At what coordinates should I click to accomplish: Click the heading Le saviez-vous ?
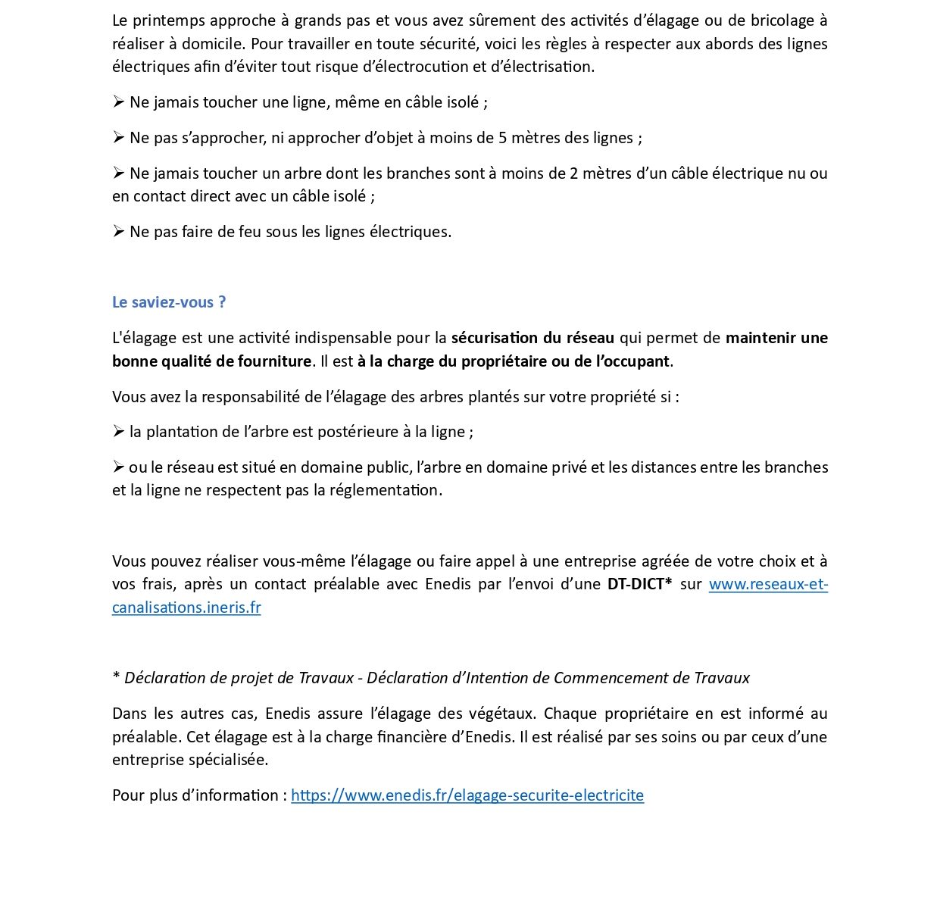[168, 302]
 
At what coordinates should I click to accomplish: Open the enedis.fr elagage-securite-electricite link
[467, 795]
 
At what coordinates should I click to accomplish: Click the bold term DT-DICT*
[639, 584]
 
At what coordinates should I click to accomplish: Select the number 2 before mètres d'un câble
[573, 173]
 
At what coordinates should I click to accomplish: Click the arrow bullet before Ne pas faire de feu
[118, 232]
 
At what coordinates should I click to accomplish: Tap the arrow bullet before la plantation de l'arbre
[118, 432]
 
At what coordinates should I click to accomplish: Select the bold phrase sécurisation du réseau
[532, 338]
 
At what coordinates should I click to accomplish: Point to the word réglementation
[387, 490]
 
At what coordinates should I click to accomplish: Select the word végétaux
[505, 714]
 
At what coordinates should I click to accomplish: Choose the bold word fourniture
[264, 361]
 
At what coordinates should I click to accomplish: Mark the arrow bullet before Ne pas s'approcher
[118, 138]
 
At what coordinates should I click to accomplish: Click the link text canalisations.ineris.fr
[186, 608]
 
